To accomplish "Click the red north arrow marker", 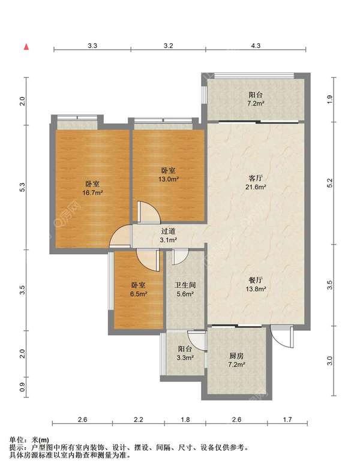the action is pos(26,47).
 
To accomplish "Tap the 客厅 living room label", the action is pos(256,178).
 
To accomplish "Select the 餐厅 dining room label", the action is pos(256,280).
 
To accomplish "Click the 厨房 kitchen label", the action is pos(236,355).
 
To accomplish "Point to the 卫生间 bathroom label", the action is pos(185,285).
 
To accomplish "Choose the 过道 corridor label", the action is pos(168,231).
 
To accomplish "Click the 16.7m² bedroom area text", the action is pos(93,193).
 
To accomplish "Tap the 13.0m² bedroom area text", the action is pos(168,179).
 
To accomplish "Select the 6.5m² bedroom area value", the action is pos(139,294).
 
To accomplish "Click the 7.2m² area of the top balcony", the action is pos(256,104).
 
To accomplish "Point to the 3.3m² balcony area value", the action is pos(185,358).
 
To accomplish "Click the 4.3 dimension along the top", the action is pos(256,46).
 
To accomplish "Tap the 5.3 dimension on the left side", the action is pos(22,188).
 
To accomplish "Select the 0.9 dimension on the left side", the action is pos(22,387).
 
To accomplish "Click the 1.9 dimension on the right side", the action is pos(329,99).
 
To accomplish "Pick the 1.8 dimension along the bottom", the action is pos(185,419).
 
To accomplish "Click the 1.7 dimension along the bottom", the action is pos(287,419).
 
